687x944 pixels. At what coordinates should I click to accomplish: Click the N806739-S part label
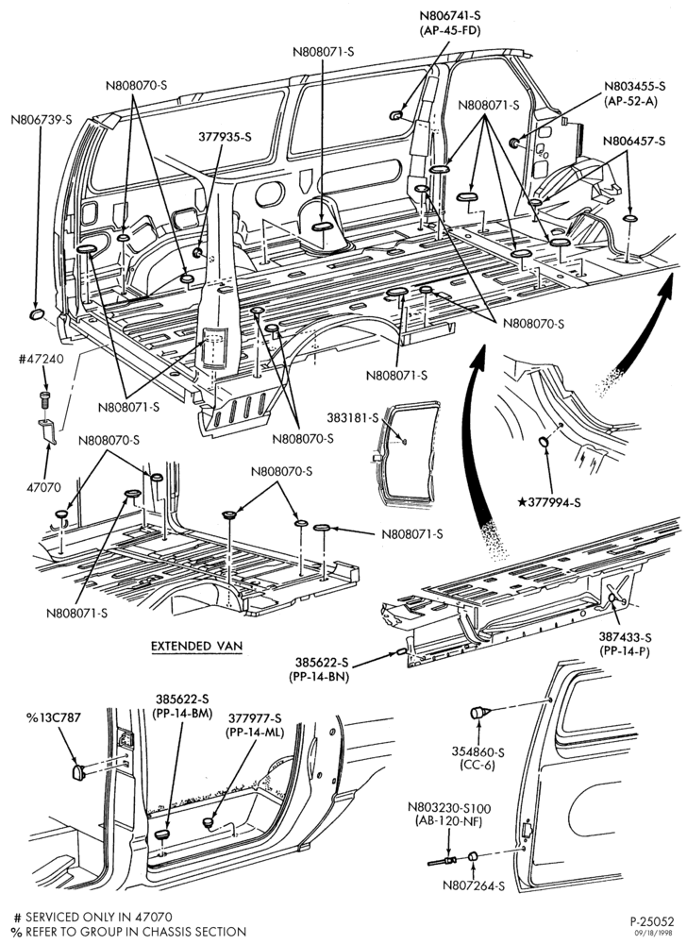(41, 119)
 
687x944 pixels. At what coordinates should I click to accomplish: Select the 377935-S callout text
(225, 137)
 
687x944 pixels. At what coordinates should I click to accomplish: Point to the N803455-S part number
(635, 87)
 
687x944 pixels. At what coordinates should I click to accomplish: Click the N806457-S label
(635, 142)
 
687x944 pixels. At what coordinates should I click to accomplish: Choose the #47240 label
(41, 360)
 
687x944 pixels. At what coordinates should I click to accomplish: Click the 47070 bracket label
(43, 487)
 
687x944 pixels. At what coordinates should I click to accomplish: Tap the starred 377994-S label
(549, 502)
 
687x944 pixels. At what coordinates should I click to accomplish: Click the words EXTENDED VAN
(196, 646)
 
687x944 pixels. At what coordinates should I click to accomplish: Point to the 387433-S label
(625, 637)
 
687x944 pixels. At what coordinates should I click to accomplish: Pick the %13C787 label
(53, 717)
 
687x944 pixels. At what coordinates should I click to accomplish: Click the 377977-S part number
(255, 717)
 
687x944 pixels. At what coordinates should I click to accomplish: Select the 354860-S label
(478, 752)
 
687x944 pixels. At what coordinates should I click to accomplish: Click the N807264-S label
(474, 885)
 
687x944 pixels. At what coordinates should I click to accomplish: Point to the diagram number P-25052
(652, 921)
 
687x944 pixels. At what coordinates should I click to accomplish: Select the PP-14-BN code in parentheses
(319, 676)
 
